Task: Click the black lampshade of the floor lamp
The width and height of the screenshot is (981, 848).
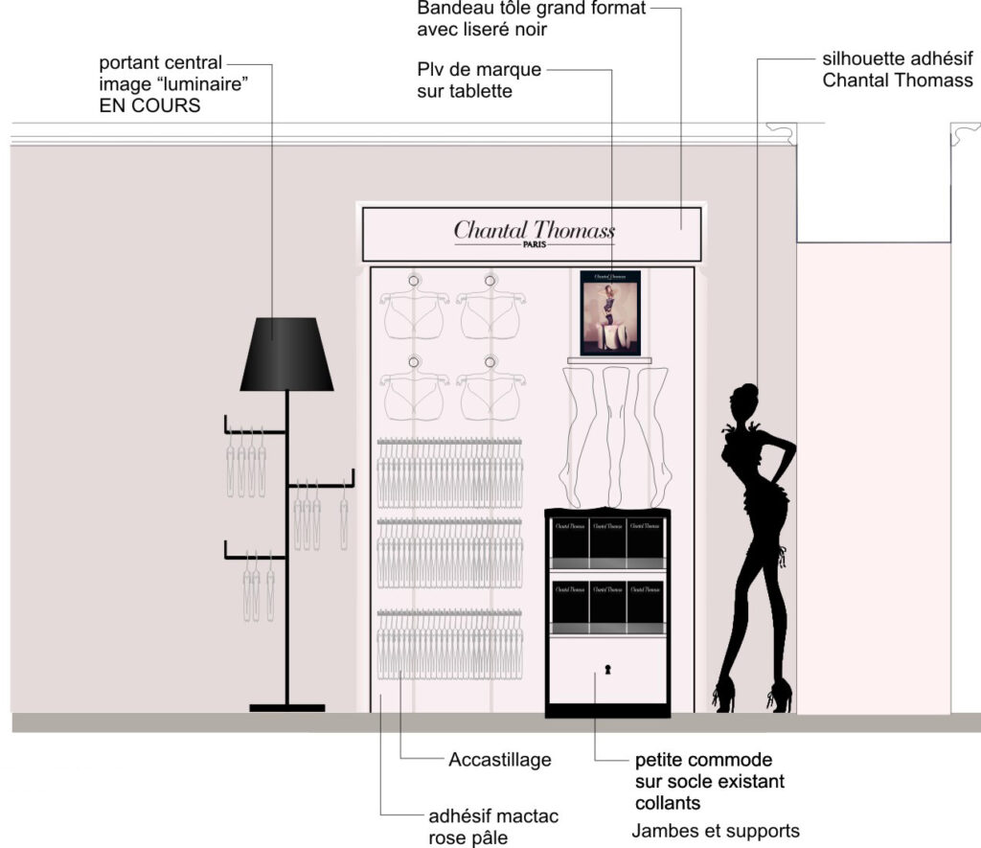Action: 286,355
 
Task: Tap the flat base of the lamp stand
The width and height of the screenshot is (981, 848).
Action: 286,708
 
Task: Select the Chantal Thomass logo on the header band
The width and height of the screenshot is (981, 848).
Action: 534,230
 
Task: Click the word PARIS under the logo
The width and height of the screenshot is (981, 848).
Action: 534,244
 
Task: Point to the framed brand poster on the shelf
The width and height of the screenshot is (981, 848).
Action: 610,312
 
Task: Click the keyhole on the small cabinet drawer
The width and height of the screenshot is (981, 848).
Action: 606,669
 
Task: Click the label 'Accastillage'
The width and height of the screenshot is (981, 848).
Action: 499,760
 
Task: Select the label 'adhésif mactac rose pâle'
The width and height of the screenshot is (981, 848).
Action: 493,827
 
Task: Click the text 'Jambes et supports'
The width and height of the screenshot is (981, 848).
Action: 716,830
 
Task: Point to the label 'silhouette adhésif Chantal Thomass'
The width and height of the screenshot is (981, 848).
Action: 898,68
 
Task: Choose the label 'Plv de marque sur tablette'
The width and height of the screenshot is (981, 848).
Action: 479,80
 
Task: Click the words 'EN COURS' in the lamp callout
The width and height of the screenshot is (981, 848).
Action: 149,106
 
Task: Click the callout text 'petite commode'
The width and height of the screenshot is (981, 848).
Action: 703,761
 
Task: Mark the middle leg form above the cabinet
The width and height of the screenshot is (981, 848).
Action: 614,431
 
